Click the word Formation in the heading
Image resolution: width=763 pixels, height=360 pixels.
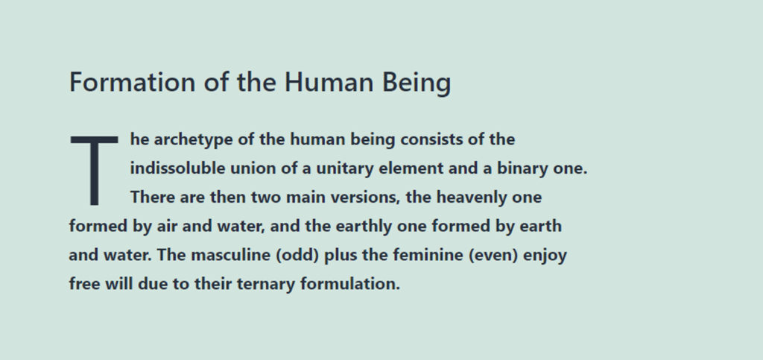(133, 82)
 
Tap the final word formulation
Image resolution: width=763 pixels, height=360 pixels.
(350, 284)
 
